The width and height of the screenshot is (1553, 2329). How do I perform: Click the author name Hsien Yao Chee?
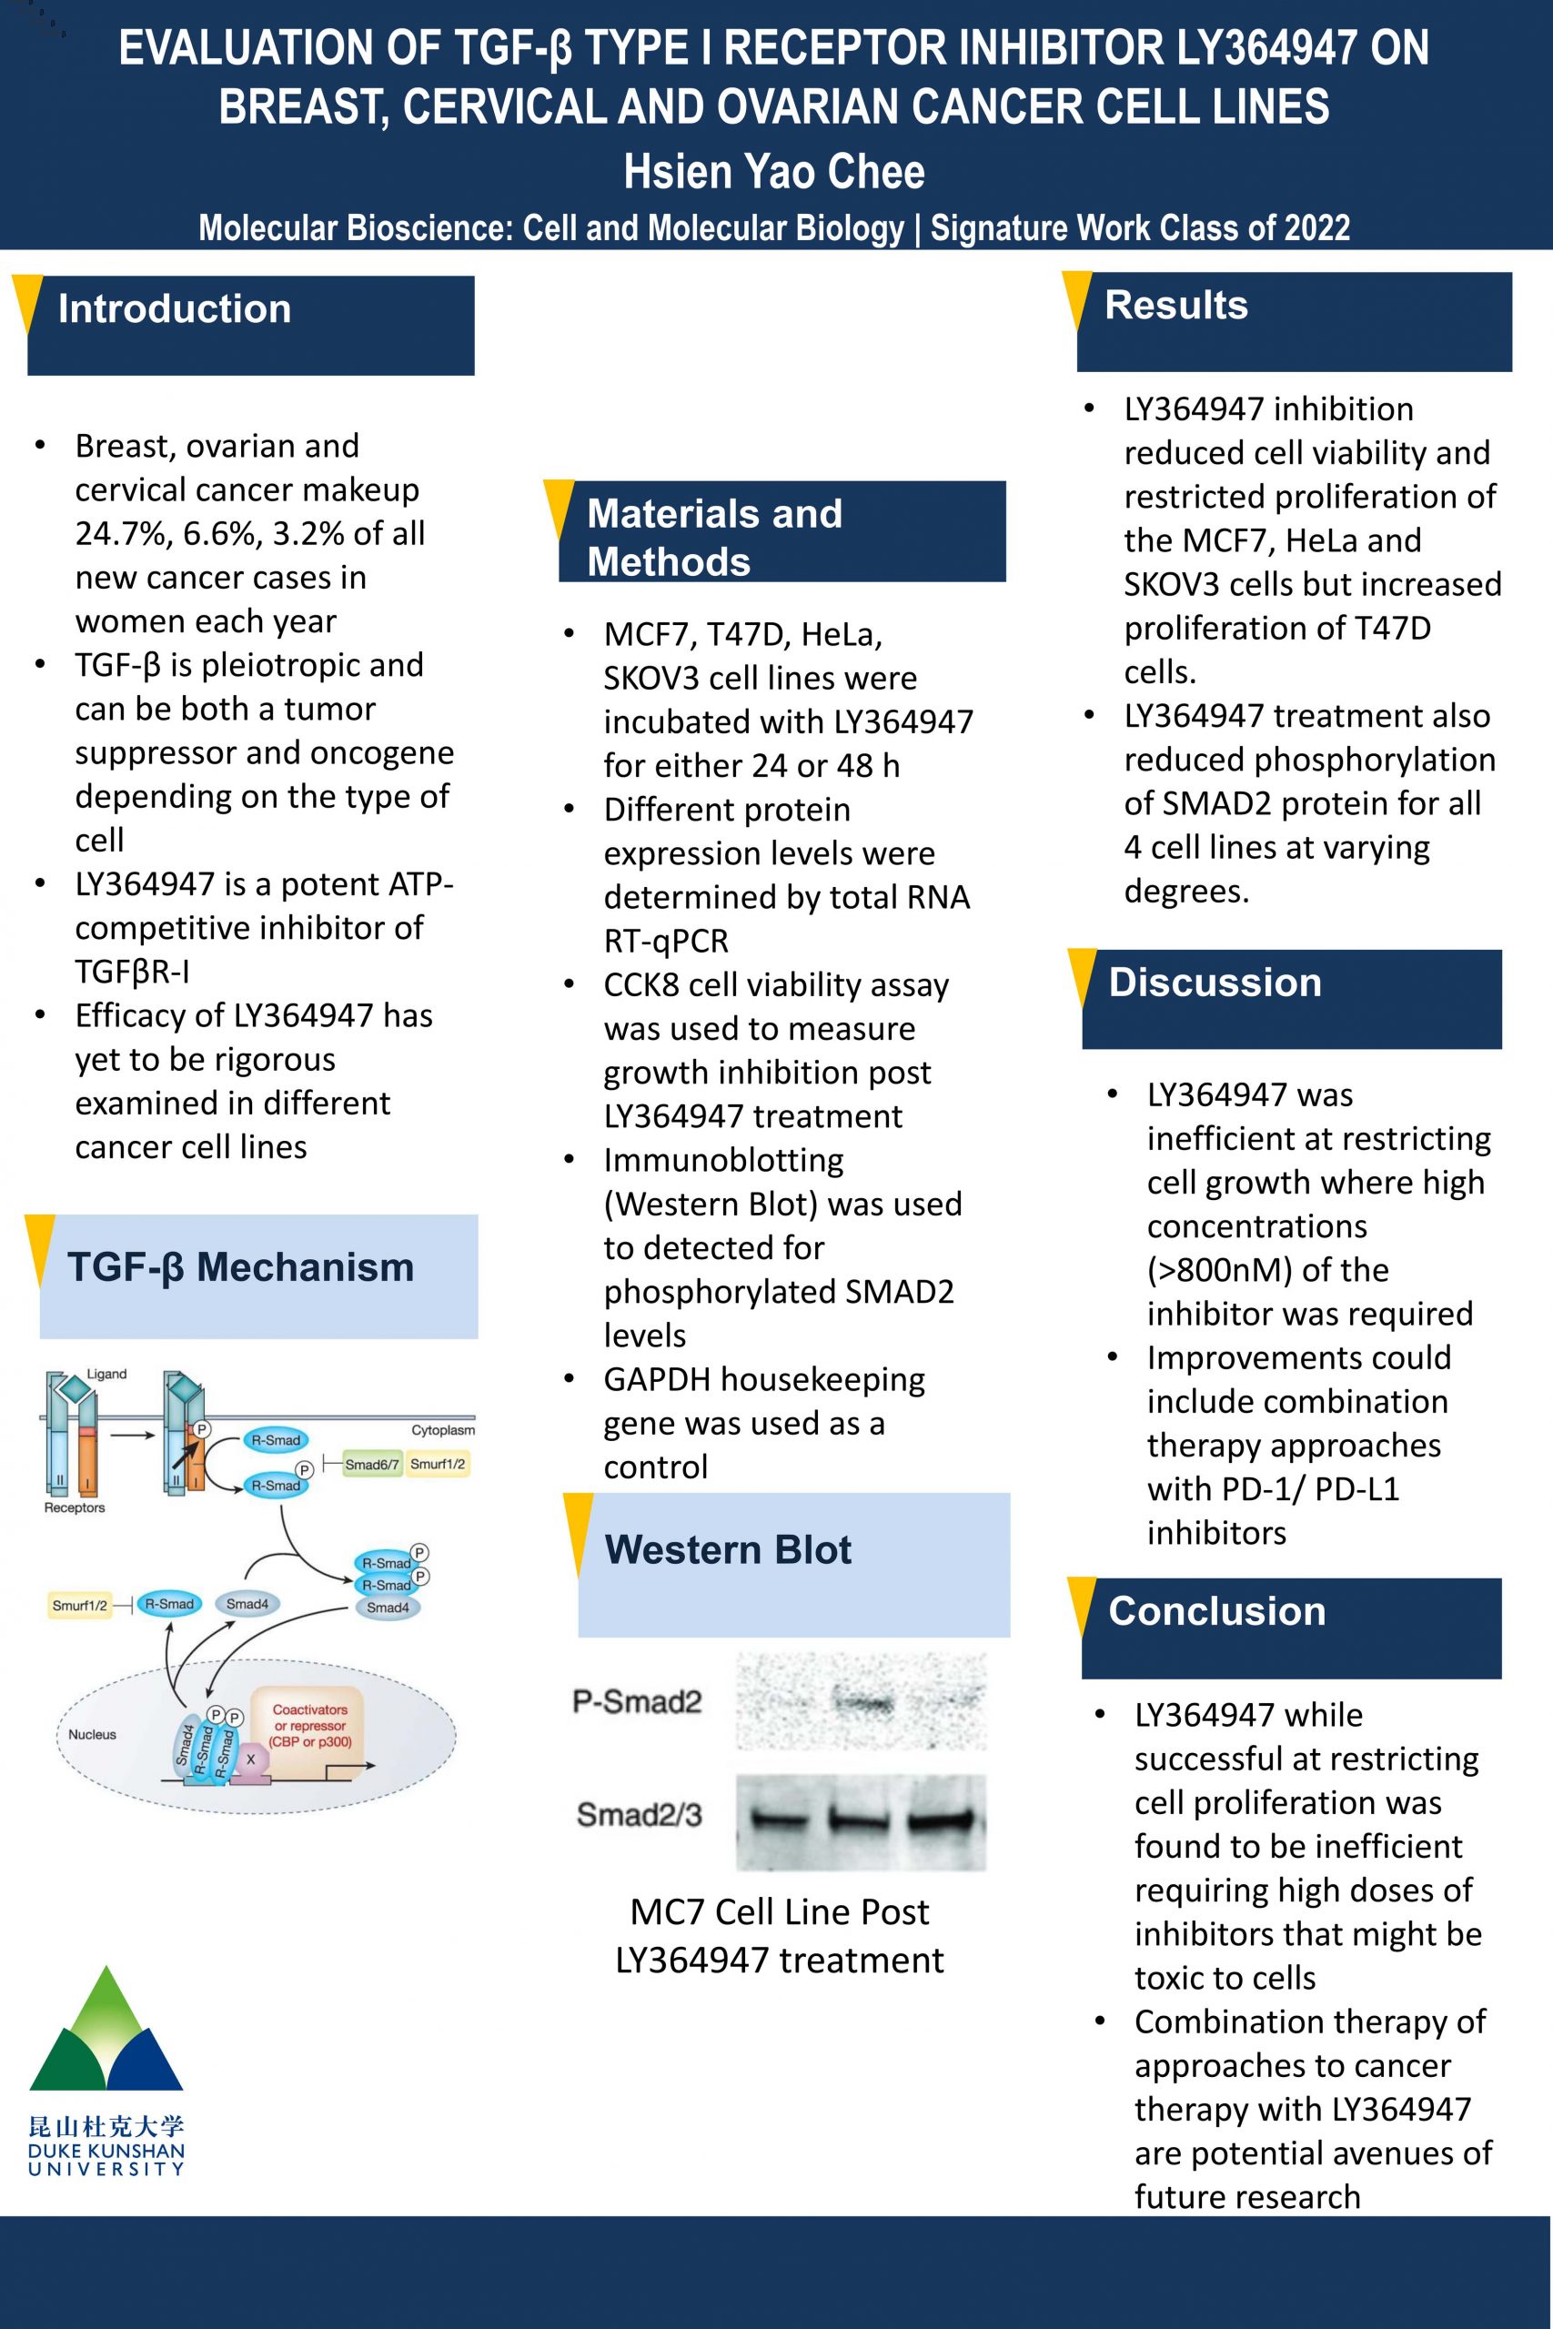tap(774, 172)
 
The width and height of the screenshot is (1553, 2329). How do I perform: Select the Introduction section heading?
tap(175, 309)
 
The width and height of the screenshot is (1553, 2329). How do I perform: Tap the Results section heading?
tap(1175, 305)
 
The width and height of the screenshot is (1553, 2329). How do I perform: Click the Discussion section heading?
tap(1215, 983)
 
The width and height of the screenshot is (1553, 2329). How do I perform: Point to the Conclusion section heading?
tap(1216, 1611)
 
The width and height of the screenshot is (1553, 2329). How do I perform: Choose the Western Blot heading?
tap(728, 1549)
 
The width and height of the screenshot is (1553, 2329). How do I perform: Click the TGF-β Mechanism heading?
tap(241, 1267)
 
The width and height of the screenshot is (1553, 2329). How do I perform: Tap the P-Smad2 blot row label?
tap(637, 1701)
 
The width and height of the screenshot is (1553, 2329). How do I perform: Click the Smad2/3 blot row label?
tap(639, 1814)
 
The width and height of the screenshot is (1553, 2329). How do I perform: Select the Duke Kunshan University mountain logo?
tap(106, 2030)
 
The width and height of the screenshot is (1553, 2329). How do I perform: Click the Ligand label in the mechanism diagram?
tap(107, 1374)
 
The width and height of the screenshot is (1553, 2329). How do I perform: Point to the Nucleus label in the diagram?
tap(92, 1734)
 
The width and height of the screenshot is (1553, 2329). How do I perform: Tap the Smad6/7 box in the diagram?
tap(372, 1464)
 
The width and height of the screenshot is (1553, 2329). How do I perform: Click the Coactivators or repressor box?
tap(310, 1726)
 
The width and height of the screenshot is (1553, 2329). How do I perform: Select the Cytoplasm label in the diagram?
tap(443, 1430)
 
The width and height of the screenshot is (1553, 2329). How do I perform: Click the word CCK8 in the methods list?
tap(640, 985)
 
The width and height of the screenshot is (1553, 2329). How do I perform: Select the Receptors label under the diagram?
tap(75, 1507)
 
